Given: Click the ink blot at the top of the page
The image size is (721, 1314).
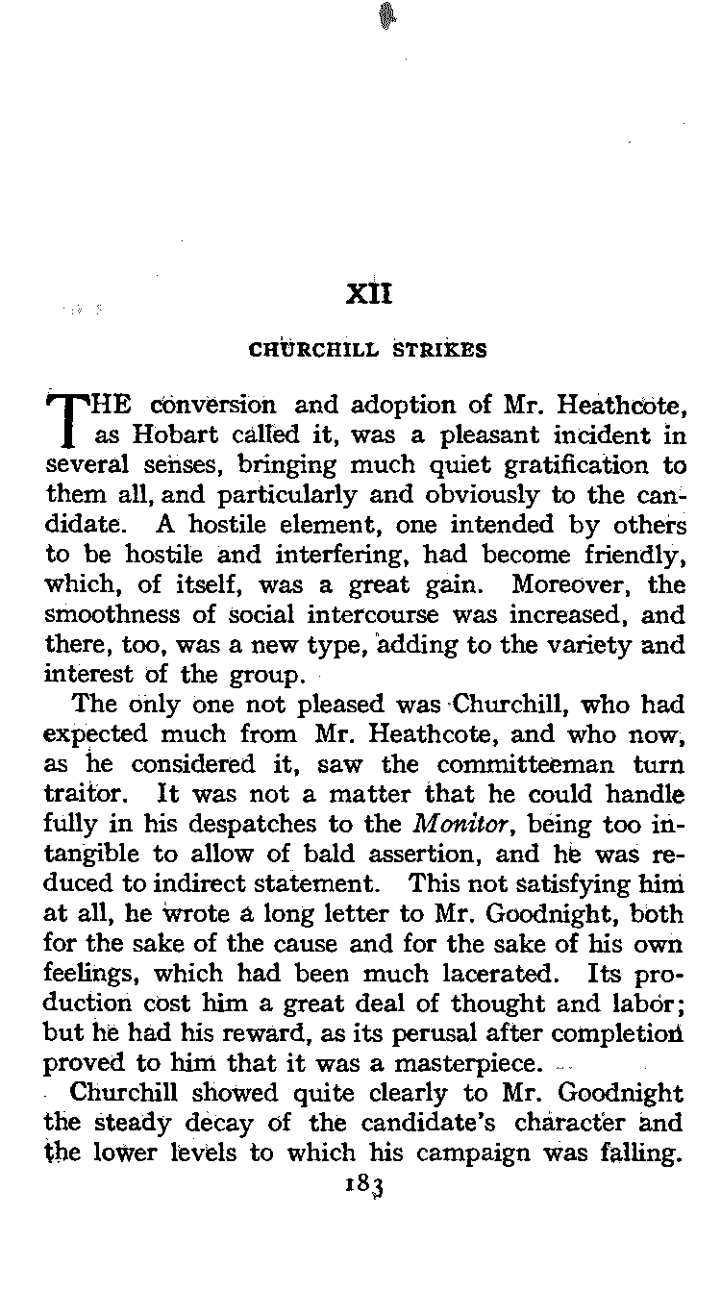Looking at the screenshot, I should pos(388,14).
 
